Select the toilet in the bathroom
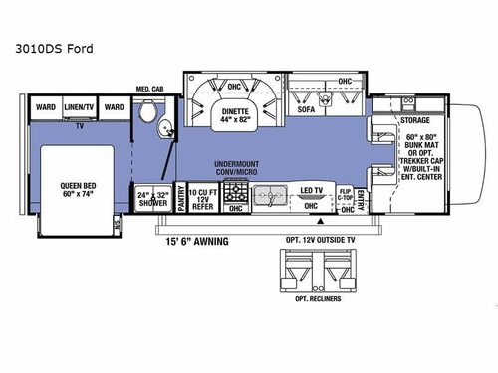(x=147, y=119)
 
